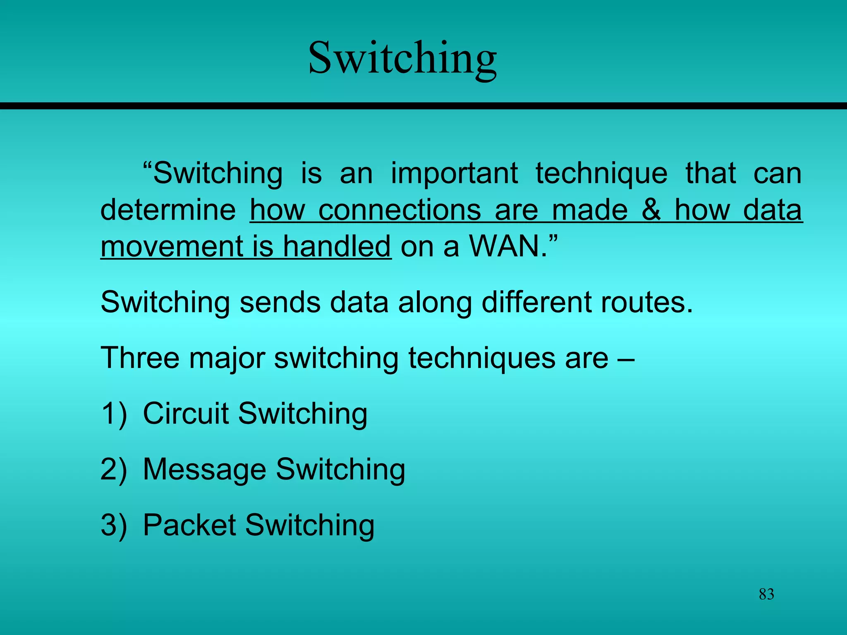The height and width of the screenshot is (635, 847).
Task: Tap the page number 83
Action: point(766,594)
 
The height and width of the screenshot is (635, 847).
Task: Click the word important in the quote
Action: point(454,173)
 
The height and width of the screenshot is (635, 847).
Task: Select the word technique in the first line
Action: point(601,174)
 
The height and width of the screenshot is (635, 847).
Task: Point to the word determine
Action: point(168,210)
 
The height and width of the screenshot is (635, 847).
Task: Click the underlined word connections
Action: point(400,210)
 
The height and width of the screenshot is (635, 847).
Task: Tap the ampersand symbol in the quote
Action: point(651,210)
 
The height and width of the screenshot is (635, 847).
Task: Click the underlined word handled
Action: point(337,246)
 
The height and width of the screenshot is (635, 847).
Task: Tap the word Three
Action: point(140,358)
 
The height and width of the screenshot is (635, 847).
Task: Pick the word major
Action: point(227,358)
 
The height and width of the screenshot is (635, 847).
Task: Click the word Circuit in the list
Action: point(186,413)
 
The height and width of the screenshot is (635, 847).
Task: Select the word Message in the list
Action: point(204,470)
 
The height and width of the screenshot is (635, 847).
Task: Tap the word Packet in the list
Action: point(189,525)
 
